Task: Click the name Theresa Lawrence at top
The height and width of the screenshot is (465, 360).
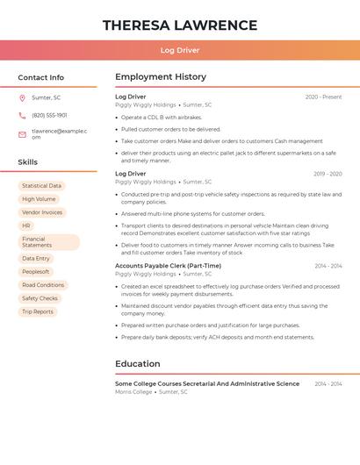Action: pos(180,25)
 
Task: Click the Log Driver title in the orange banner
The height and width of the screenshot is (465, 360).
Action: pos(180,50)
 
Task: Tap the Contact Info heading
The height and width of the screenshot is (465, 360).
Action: pos(41,77)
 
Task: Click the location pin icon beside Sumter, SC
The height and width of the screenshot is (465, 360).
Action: pos(22,97)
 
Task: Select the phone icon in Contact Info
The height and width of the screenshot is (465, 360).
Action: pos(22,115)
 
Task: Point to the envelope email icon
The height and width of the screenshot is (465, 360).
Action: pos(22,134)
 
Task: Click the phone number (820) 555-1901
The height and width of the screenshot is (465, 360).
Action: pos(49,115)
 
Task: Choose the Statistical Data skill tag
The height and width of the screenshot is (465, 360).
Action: pos(41,186)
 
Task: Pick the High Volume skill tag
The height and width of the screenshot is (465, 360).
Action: pos(39,199)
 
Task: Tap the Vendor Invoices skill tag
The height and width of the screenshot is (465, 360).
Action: pos(42,212)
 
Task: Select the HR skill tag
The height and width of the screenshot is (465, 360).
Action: pos(26,225)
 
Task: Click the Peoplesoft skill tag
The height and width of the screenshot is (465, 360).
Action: pos(36,272)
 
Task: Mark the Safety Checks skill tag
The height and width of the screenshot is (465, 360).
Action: pos(40,298)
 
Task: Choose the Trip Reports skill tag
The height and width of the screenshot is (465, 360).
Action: pos(38,311)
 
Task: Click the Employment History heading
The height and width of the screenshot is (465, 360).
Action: pos(161,77)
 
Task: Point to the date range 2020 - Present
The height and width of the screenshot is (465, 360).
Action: pos(323,97)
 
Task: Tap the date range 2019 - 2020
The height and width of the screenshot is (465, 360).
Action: pos(328,175)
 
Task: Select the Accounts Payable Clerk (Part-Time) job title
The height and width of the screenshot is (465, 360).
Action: pos(168,266)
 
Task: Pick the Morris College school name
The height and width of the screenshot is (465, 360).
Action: pos(133,392)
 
